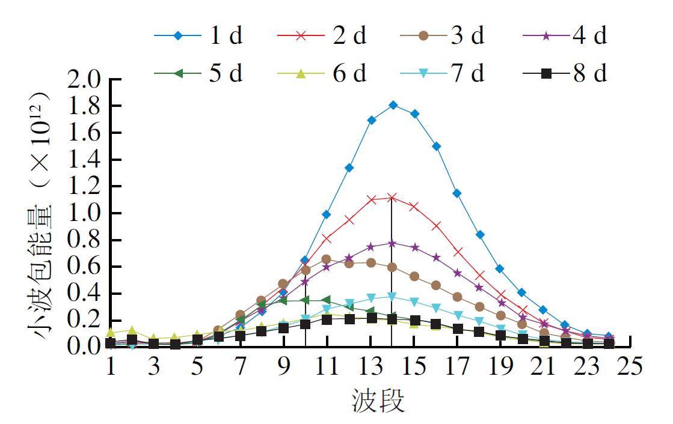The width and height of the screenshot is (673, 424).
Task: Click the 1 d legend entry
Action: click(x=199, y=36)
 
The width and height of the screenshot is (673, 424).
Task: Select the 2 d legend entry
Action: click(x=322, y=36)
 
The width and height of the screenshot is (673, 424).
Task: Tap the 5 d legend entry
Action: click(x=199, y=73)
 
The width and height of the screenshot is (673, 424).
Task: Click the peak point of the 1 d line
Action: click(x=393, y=105)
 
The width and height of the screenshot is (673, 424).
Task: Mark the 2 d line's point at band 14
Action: click(x=393, y=197)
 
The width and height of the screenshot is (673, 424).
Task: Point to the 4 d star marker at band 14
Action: click(x=393, y=243)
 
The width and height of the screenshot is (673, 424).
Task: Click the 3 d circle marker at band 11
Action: click(x=327, y=259)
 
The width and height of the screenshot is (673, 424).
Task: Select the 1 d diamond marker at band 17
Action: click(x=458, y=193)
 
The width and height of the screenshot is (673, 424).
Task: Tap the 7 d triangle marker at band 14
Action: click(x=393, y=296)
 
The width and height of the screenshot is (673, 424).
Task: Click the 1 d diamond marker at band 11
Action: click(x=327, y=214)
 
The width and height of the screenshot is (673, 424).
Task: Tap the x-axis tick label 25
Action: click(x=630, y=366)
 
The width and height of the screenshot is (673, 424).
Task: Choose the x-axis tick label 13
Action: click(x=370, y=366)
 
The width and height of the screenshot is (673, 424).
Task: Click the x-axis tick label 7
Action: click(x=241, y=366)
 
